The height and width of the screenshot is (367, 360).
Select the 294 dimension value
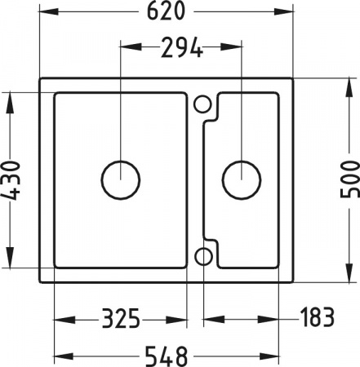181,48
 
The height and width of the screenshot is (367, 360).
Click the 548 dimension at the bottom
167,356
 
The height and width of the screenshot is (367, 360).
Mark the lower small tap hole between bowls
203,257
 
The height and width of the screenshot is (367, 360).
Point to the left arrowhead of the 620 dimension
43,12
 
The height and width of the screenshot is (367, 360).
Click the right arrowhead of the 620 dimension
289,12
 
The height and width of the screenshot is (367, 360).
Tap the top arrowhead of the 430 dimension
9,97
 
